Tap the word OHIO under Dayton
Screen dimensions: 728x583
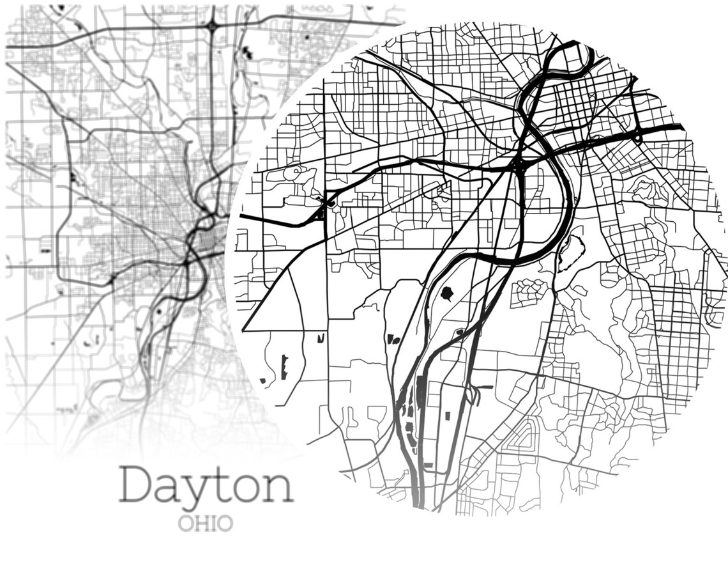205,524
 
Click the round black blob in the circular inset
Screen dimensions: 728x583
446,294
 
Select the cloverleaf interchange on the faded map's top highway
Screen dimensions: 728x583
211,26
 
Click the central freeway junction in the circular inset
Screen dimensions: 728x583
518,166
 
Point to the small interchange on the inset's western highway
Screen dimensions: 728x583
325,204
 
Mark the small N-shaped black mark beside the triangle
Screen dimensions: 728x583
321,337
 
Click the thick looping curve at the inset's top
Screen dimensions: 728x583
572,61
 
